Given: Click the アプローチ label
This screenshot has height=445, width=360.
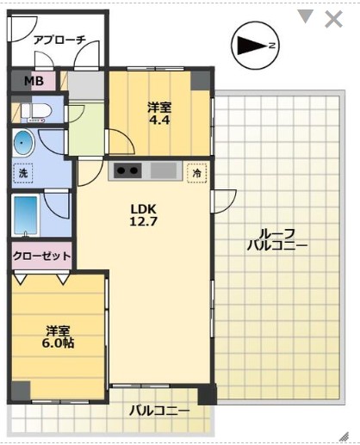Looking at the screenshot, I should pyautogui.click(x=59, y=40).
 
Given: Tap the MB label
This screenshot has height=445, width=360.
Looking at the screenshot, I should pyautogui.click(x=33, y=82).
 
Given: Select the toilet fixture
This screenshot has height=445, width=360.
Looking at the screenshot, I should pyautogui.click(x=35, y=112).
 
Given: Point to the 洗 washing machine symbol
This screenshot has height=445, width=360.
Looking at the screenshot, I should pyautogui.click(x=23, y=173).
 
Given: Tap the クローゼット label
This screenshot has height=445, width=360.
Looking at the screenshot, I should pyautogui.click(x=40, y=256).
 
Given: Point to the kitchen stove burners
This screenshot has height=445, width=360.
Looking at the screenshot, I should pyautogui.click(x=128, y=170).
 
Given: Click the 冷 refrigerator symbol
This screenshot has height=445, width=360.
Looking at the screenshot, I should pyautogui.click(x=198, y=172).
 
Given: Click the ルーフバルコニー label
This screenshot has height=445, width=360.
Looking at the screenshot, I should pyautogui.click(x=276, y=238).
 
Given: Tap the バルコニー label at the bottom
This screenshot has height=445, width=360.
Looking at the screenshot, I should pyautogui.click(x=159, y=411).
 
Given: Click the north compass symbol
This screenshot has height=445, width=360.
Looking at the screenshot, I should pyautogui.click(x=253, y=44).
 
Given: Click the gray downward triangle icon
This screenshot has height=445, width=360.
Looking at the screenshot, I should pyautogui.click(x=305, y=16).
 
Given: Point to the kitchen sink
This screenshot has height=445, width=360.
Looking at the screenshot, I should pyautogui.click(x=164, y=170).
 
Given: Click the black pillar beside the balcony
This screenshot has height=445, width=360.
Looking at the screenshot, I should pyautogui.click(x=206, y=395).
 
